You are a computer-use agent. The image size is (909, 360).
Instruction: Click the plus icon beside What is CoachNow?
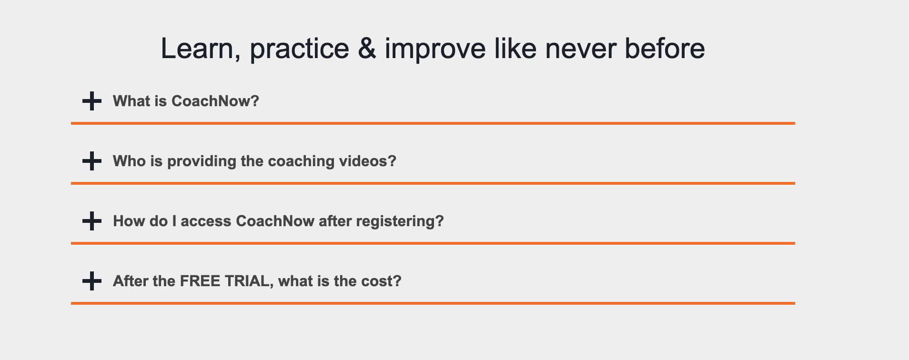click(92, 101)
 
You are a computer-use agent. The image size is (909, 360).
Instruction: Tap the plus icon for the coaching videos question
click(92, 161)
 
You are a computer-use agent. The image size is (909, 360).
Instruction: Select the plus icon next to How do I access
click(92, 221)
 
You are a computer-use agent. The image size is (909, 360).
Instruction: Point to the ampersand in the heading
click(366, 49)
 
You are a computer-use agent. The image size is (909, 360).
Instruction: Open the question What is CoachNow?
click(186, 101)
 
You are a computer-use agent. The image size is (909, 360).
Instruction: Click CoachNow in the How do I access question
click(275, 221)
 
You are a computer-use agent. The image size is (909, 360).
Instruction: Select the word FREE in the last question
click(200, 281)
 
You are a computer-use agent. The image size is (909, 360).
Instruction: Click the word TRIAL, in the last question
click(249, 281)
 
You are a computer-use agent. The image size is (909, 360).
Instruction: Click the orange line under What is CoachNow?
click(433, 123)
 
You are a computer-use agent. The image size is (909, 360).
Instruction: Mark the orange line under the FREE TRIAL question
click(433, 303)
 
